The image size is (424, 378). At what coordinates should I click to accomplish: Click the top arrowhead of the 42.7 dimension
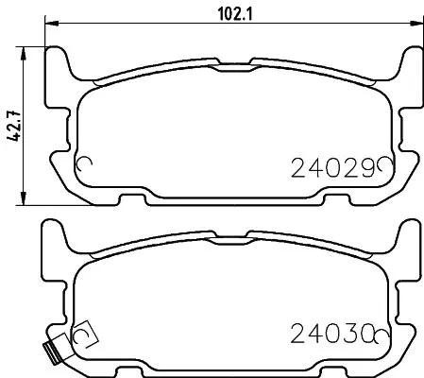[x=25, y=47]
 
